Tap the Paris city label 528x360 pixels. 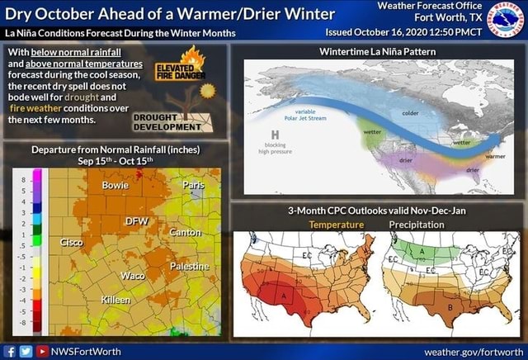coord(194,184)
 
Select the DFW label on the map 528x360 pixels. coord(135,221)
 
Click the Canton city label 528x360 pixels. coord(185,233)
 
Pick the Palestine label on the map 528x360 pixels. coord(189,267)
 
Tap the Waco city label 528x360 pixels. coord(132,275)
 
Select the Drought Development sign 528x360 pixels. coord(168,122)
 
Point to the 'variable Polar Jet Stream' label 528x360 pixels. coord(305,115)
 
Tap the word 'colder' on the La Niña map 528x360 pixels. coord(411,112)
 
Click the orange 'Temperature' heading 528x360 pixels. coord(336,225)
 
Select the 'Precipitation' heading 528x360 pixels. coord(417,225)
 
